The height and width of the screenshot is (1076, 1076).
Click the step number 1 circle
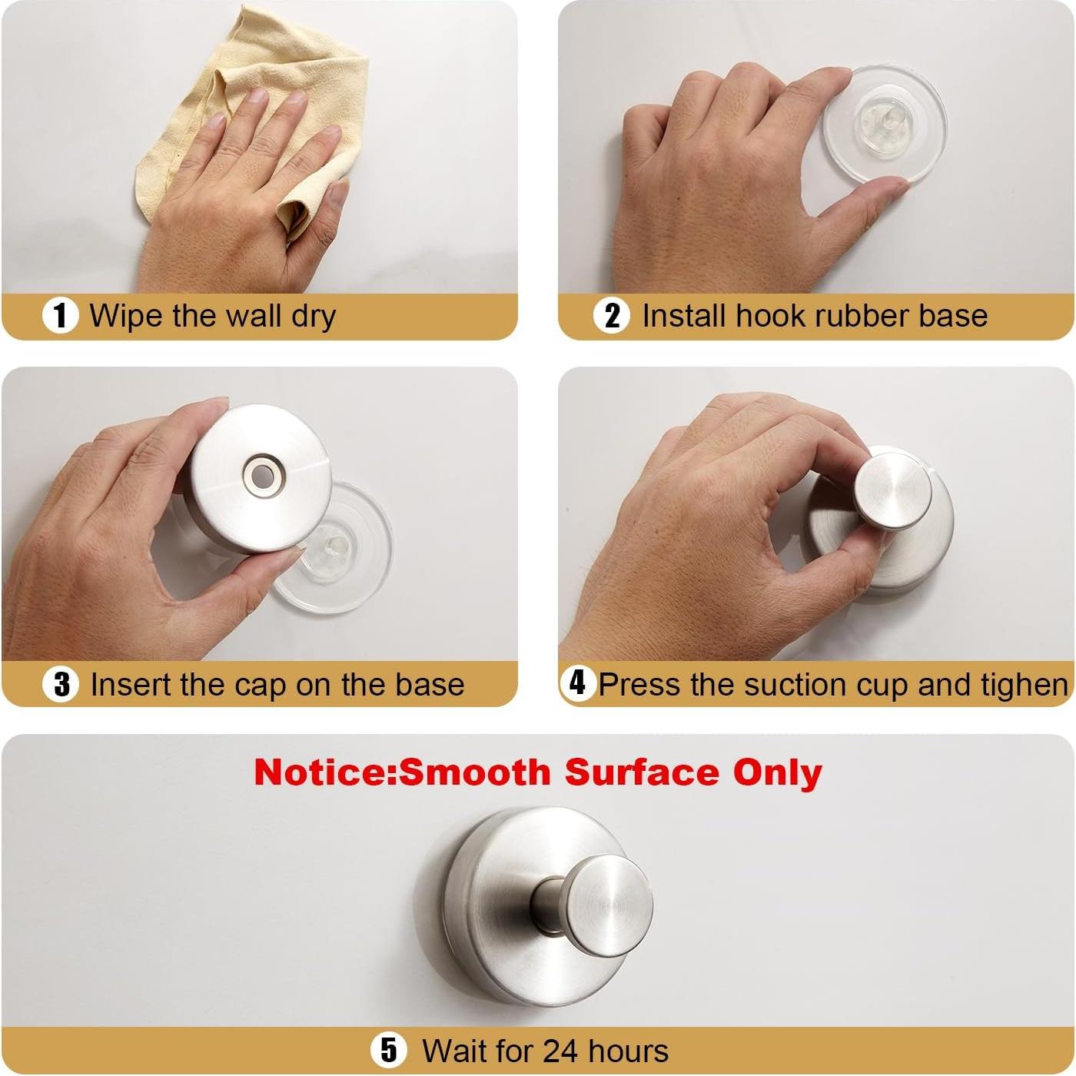pos(60,316)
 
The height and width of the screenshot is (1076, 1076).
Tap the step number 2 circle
pos(612,316)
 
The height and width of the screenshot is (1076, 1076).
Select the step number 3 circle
pos(61,684)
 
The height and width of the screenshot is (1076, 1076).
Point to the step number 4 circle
pos(577,682)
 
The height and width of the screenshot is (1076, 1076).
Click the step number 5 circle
pos(389,1050)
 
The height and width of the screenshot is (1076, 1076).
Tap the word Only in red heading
pos(777,772)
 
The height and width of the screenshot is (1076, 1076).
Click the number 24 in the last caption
pos(560,1051)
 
